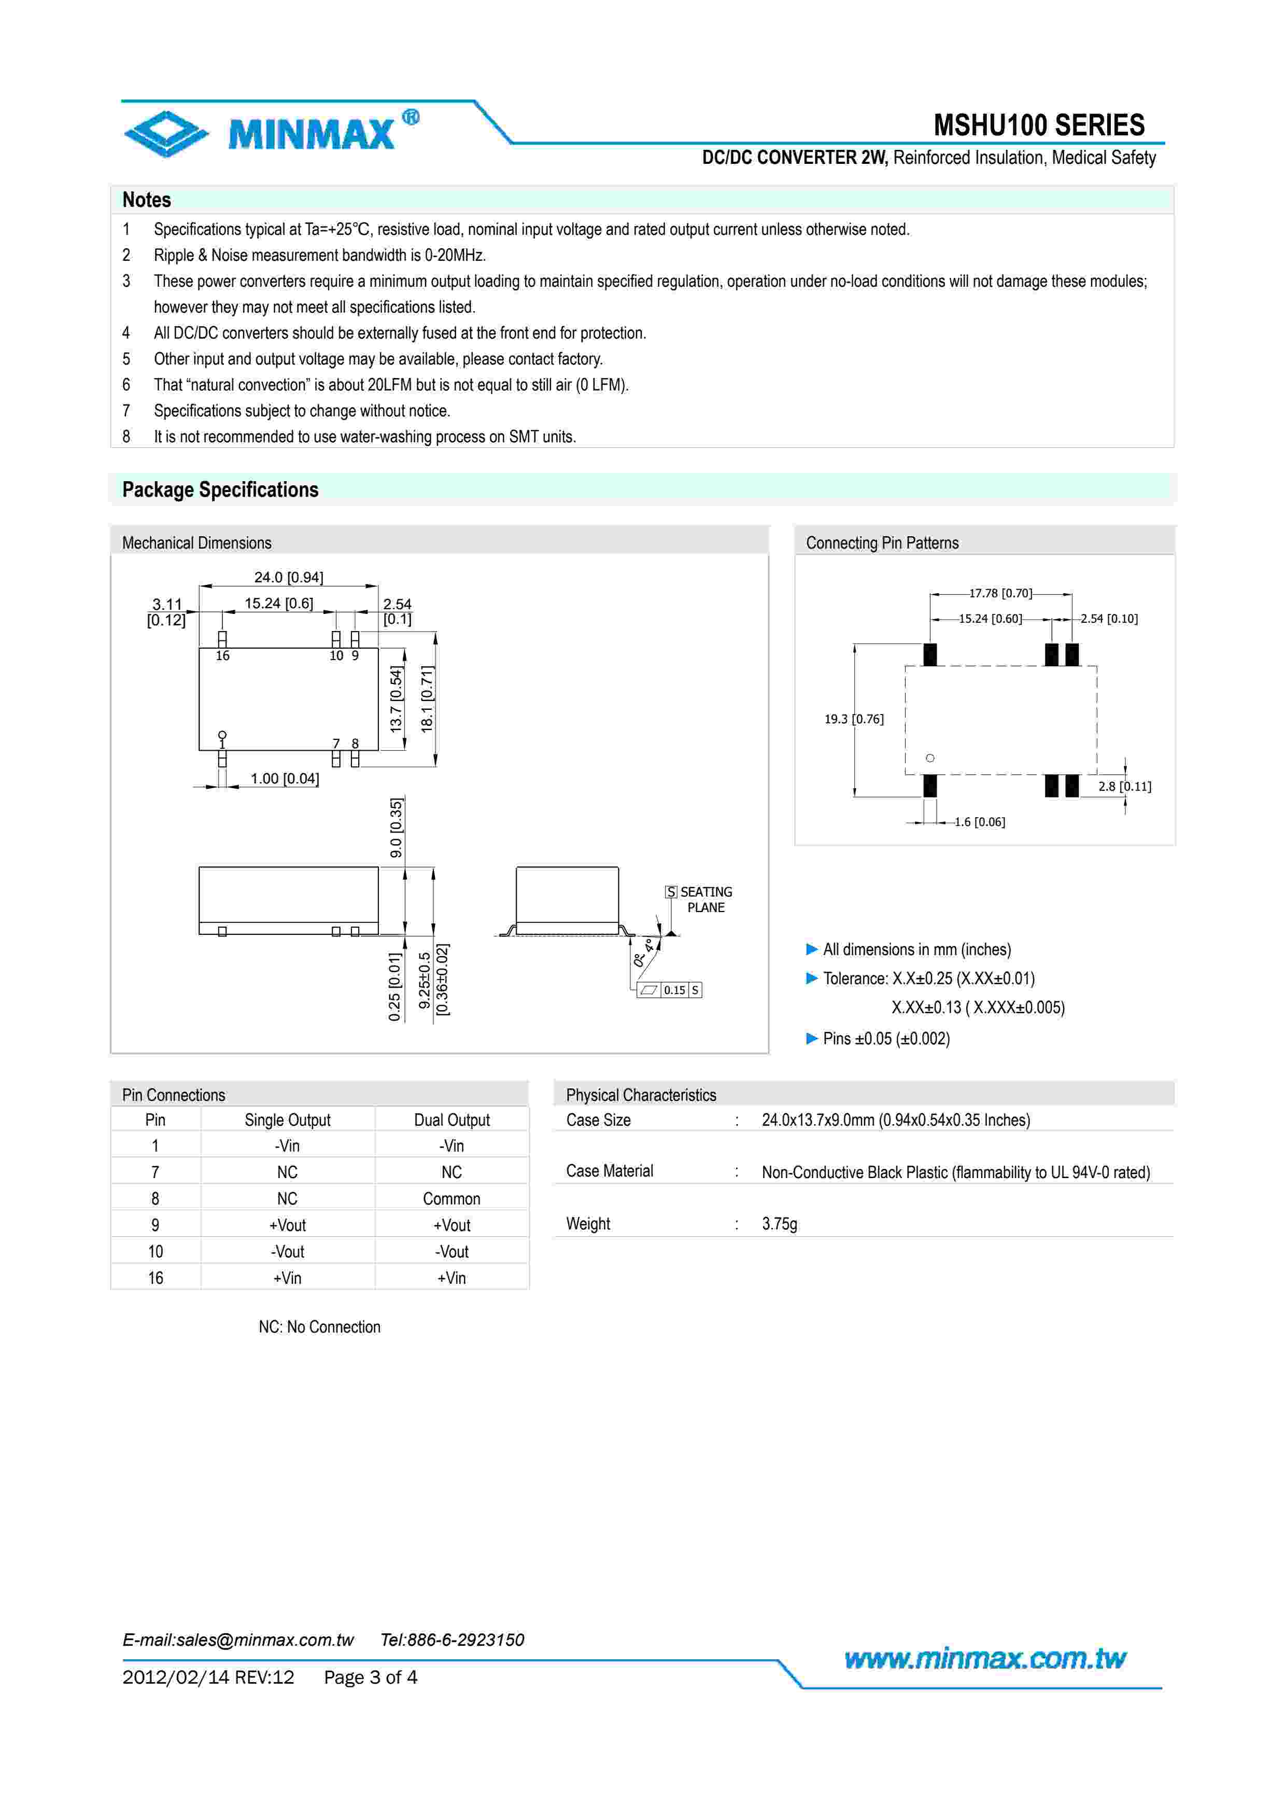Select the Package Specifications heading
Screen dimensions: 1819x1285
click(x=220, y=489)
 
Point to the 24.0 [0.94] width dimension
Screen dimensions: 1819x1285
click(x=288, y=578)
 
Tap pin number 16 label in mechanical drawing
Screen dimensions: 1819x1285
click(x=222, y=656)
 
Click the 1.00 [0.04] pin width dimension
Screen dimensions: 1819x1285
click(x=284, y=779)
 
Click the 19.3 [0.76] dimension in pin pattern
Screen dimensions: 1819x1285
click(x=854, y=719)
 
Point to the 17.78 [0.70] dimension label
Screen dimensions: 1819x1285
click(x=1000, y=593)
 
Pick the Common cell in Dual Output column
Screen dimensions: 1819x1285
click(x=451, y=1199)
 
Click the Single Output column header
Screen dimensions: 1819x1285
click(x=287, y=1120)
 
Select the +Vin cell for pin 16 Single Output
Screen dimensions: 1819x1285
click(x=287, y=1278)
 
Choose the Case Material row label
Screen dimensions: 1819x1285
click(x=609, y=1171)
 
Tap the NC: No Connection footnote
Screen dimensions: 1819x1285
click(x=319, y=1327)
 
